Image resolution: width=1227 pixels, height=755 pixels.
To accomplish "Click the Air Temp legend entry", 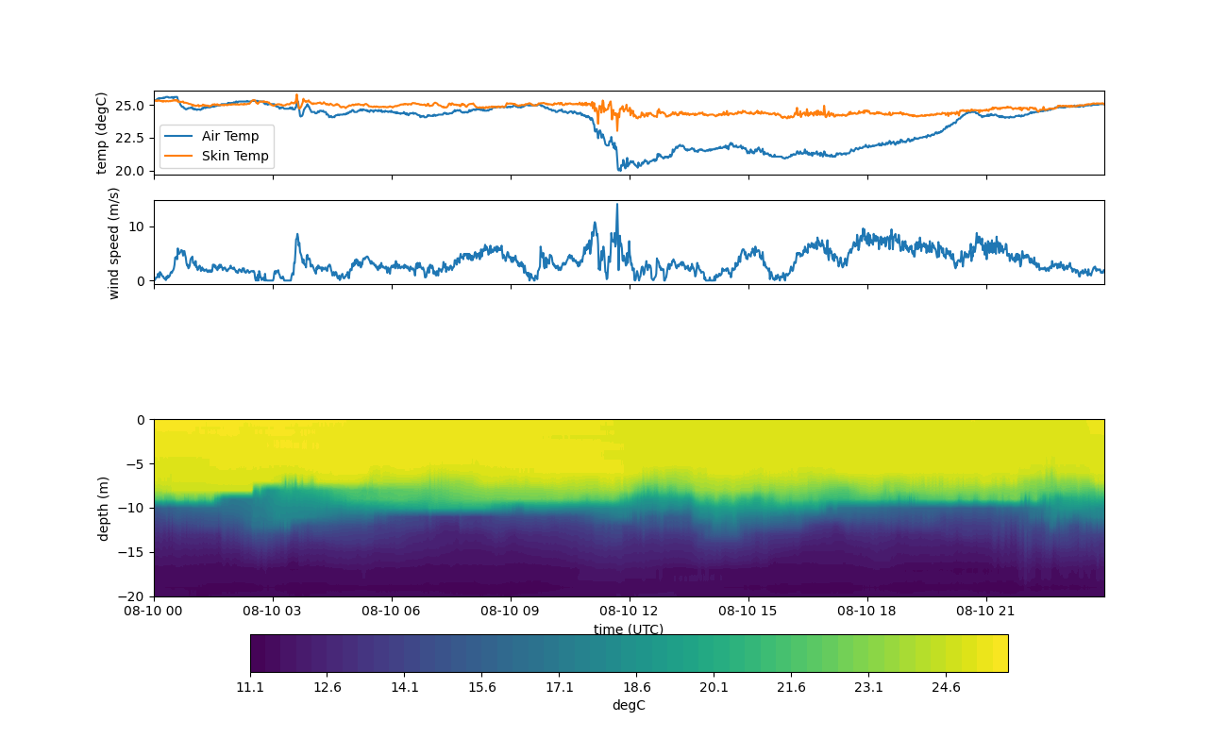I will [x=229, y=136].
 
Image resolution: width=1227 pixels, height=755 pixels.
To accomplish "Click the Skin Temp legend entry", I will [x=234, y=156].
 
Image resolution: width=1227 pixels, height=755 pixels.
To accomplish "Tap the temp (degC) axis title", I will [x=102, y=133].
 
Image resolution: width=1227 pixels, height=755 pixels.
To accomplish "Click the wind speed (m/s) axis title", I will [x=114, y=243].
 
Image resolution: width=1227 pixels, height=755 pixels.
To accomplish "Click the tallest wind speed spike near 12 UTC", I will [x=617, y=205].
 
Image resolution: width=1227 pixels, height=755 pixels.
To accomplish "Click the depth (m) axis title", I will [x=103, y=508].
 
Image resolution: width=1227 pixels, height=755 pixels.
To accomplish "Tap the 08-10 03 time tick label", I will [x=273, y=611].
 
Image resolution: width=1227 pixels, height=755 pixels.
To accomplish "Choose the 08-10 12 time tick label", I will [x=630, y=611].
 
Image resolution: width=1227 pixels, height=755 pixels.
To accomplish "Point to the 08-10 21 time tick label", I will [x=986, y=611].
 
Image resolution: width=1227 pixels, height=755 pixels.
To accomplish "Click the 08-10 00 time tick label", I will [x=154, y=611].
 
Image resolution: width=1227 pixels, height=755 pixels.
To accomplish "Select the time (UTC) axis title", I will [x=629, y=629].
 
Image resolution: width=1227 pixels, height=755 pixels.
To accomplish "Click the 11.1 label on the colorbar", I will [x=250, y=687].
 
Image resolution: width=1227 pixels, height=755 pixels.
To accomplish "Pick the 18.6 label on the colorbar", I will [x=636, y=687].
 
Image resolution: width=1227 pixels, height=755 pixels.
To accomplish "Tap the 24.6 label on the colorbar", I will [x=946, y=687].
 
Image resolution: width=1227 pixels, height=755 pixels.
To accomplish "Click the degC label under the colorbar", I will [x=629, y=705].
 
